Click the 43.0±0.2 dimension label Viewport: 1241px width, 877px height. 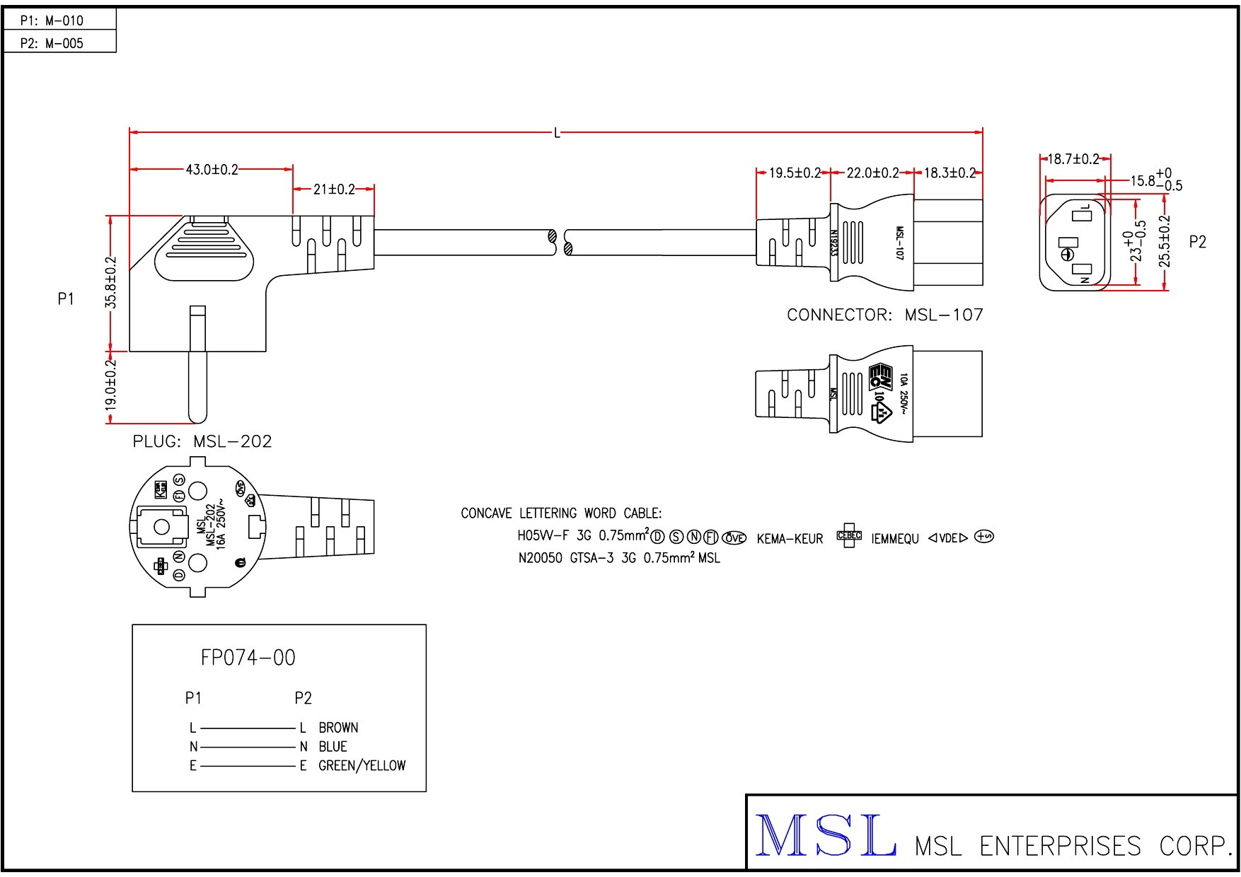coord(212,170)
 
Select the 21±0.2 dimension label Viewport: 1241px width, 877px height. coord(334,190)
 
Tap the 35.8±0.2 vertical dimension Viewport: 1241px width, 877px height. coord(111,282)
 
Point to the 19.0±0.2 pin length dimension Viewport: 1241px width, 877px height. coord(111,385)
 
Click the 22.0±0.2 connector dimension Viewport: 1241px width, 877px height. coord(872,173)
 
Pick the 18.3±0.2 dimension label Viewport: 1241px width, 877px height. coord(949,173)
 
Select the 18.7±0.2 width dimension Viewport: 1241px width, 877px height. coord(1073,159)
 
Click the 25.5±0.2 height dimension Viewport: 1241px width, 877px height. coord(1165,241)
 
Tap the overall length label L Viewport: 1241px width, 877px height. coord(557,133)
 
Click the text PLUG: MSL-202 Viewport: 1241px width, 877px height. coord(202,442)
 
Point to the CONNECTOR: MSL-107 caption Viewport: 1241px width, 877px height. coord(885,315)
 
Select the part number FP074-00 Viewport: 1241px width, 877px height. coord(248,658)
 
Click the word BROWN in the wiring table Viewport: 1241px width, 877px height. coord(338,728)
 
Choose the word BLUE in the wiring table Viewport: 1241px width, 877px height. coord(333,747)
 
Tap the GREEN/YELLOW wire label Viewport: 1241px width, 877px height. coord(362,766)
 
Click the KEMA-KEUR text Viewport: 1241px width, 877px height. coord(790,540)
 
